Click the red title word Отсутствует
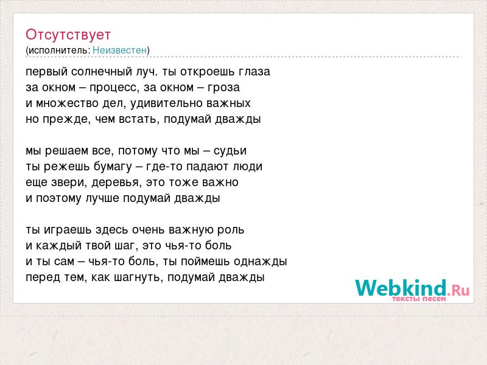click(68, 35)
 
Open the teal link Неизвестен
click(119, 50)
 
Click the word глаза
click(254, 72)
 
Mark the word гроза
click(223, 88)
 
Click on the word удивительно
click(166, 103)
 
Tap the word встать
click(139, 119)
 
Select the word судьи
click(230, 151)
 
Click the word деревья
click(114, 182)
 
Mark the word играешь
click(68, 230)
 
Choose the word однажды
click(261, 262)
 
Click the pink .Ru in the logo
click(458, 290)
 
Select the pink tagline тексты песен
click(419, 299)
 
